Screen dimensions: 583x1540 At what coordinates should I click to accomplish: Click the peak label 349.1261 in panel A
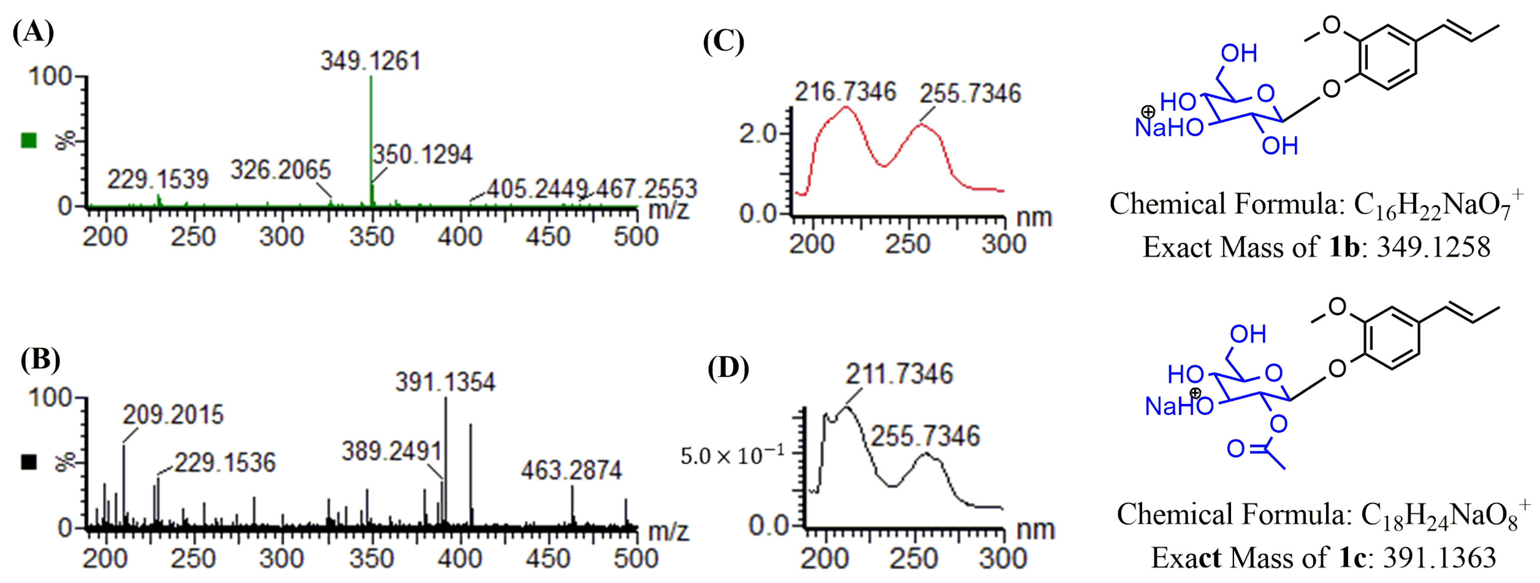pos(371,61)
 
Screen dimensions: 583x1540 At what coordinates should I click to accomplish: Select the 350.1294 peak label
pos(423,155)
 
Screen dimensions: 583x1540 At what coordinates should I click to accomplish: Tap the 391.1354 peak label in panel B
pos(445,382)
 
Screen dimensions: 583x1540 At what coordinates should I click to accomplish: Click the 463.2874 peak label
pos(571,471)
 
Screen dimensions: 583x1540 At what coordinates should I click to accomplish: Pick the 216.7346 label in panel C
pos(845,92)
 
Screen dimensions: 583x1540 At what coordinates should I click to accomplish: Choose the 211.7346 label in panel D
pos(899,374)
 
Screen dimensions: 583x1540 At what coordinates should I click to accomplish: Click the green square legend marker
pos(29,140)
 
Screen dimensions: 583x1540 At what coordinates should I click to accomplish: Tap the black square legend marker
pos(29,462)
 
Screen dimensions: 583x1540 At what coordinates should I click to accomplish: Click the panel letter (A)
pos(33,31)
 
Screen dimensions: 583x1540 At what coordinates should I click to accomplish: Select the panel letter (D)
pos(728,368)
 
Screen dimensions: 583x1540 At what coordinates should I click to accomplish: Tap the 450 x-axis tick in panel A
pos(548,237)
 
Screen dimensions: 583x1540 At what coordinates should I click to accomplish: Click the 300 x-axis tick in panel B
pos(281,558)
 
